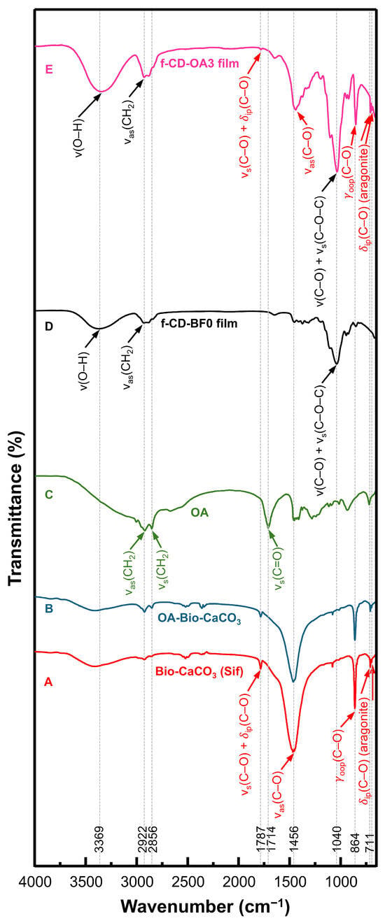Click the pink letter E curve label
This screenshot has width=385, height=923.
(x=49, y=69)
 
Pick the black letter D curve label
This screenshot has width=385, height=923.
(x=49, y=327)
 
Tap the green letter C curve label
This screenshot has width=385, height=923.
(x=49, y=494)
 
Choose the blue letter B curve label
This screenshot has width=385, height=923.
(x=49, y=609)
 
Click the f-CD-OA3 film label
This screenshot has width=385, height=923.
(x=199, y=64)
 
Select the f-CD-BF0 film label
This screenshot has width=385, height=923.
(x=199, y=324)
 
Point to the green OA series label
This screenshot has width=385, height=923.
(x=199, y=513)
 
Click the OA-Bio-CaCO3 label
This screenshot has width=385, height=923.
(x=199, y=620)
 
